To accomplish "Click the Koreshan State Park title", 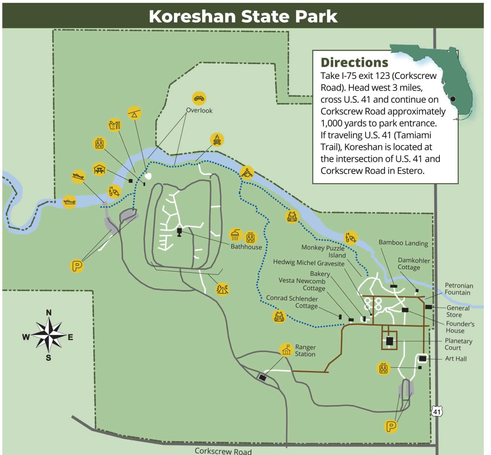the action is click(x=243, y=16).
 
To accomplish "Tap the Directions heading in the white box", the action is click(x=354, y=62).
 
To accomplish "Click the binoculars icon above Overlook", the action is click(x=199, y=98).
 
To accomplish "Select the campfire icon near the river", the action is click(x=217, y=140).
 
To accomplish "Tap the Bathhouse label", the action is click(x=246, y=247).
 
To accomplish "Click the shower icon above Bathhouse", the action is click(x=236, y=235).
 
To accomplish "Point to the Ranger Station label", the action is click(x=305, y=351).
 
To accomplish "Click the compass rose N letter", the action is click(x=49, y=312).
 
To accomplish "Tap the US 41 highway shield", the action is click(x=437, y=412).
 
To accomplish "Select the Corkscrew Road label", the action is click(x=223, y=451).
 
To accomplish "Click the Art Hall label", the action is click(x=456, y=359).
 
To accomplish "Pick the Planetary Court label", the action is click(x=458, y=344).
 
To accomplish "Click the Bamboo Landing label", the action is click(x=403, y=243).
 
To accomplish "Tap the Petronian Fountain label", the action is click(x=459, y=289).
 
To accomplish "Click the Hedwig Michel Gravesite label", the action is click(x=308, y=263).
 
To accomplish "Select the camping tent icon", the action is click(x=222, y=289).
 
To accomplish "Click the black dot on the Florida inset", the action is click(x=453, y=99).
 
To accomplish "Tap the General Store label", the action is click(x=457, y=311).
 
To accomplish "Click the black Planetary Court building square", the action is click(x=389, y=341).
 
